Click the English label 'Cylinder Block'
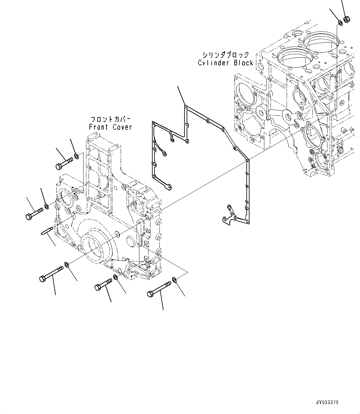click(x=225, y=63)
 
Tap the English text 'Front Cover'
click(x=110, y=127)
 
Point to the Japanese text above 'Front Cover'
click(x=111, y=119)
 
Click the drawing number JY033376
click(x=327, y=403)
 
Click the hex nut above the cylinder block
click(x=347, y=20)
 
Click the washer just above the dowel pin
click(x=46, y=206)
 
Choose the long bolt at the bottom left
click(x=51, y=274)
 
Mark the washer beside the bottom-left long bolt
click(x=67, y=265)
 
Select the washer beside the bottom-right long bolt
click(x=174, y=280)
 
